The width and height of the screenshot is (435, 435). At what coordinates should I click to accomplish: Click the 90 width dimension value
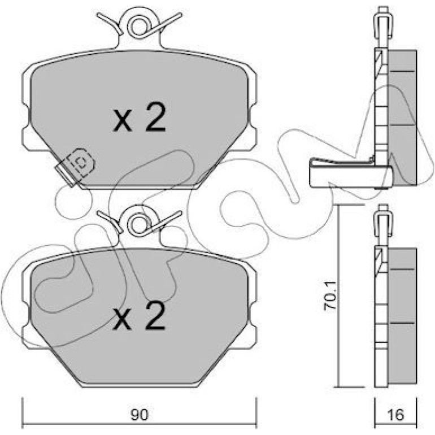coord(140,415)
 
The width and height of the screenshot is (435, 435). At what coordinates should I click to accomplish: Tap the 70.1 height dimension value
coord(330,295)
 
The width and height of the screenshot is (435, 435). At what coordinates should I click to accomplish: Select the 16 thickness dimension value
coord(396,415)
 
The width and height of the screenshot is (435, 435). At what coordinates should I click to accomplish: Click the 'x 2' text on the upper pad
coord(140,118)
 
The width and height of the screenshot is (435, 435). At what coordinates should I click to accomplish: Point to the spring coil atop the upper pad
coord(140,27)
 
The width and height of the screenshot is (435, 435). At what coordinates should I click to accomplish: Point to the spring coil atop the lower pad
coord(140,225)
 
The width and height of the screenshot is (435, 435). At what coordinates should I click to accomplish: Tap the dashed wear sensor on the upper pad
coord(75,167)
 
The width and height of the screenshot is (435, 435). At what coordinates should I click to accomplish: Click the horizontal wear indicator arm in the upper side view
coord(351,174)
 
